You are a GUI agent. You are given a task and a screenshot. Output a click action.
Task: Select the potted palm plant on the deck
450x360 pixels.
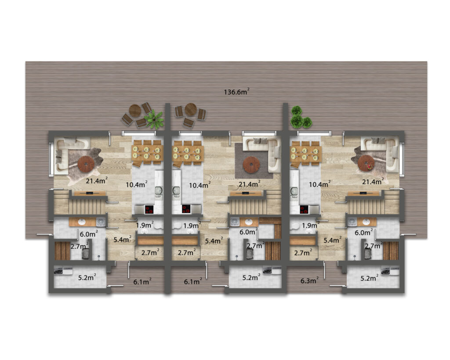pyautogui.click(x=155, y=119)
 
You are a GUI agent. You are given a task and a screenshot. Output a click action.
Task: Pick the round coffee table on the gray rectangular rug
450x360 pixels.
pyautogui.click(x=251, y=164)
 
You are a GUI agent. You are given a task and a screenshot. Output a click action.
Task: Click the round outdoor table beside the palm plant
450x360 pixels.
pyautogui.click(x=135, y=110)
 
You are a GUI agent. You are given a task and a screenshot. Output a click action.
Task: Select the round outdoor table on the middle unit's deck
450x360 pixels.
pyautogui.click(x=191, y=109)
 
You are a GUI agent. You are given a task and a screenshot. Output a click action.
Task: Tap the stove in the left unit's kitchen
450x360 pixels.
pyautogui.click(x=149, y=210)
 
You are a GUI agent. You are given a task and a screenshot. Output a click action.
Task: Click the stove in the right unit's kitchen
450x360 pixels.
pyautogui.click(x=304, y=210)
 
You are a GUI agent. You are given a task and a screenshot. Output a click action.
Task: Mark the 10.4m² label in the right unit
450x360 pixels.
pyautogui.click(x=319, y=184)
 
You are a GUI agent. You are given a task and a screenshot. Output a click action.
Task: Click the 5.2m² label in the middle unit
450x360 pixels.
pyautogui.click(x=251, y=277)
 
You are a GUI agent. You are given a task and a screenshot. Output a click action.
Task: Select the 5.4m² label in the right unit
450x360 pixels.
pyautogui.click(x=333, y=240)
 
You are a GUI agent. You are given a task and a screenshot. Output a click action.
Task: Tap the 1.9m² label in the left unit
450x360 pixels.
pyautogui.click(x=145, y=225)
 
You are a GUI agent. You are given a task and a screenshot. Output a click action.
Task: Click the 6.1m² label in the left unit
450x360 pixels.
pyautogui.click(x=142, y=282)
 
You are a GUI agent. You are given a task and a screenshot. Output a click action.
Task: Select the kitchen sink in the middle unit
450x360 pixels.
pyautogui.click(x=176, y=190)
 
